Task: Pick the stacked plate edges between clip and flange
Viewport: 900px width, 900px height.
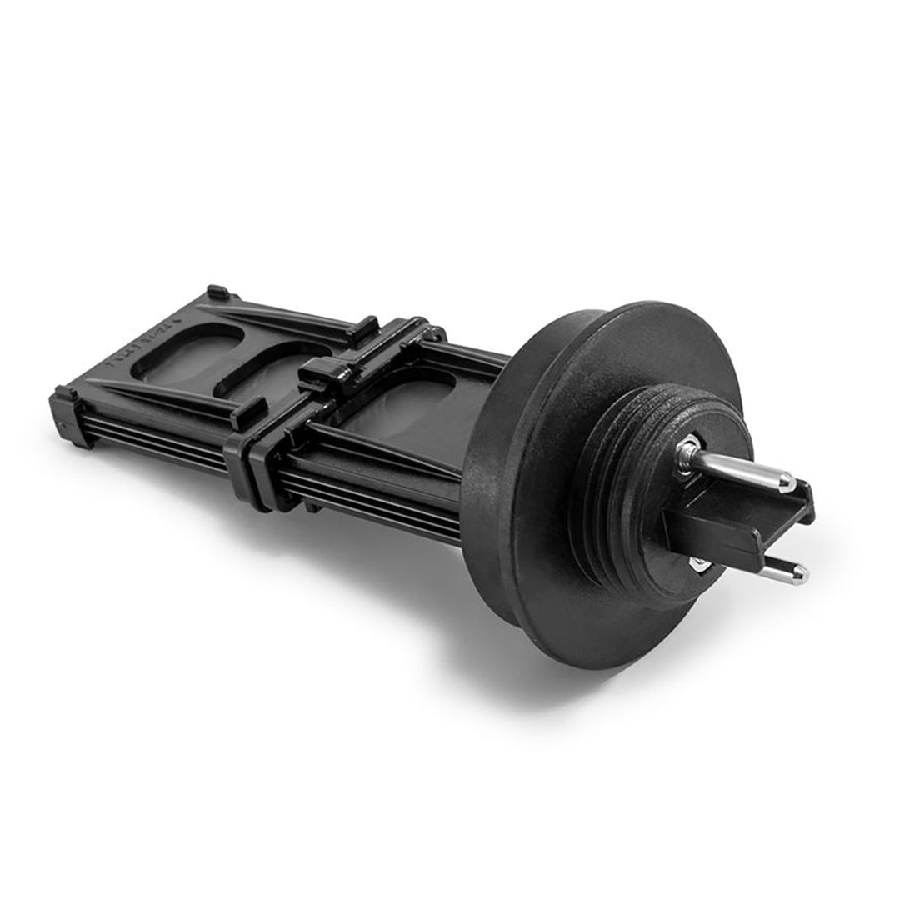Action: tap(383, 492)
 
